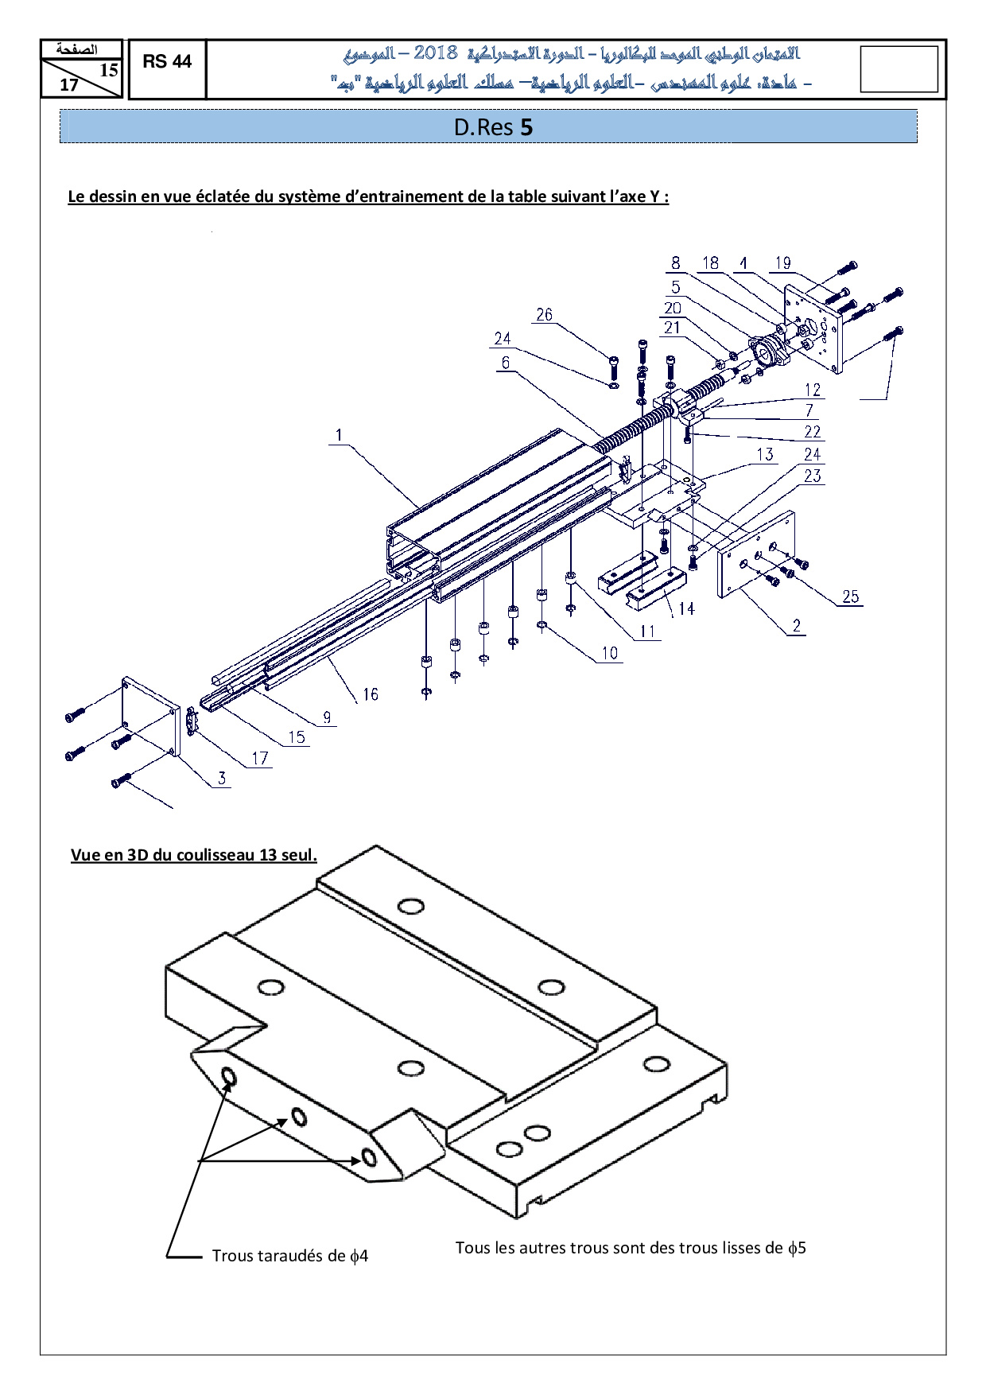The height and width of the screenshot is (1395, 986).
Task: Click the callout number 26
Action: pos(544,315)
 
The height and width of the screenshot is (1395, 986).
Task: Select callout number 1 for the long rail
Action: pos(339,435)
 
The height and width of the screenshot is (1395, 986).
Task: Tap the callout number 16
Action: pos(371,694)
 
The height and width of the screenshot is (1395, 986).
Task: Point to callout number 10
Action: pos(609,653)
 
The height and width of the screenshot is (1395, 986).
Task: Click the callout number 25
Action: pos(851,596)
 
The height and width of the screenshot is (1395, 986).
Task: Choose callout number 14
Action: pos(686,608)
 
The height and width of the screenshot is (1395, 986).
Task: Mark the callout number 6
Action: pos(505,363)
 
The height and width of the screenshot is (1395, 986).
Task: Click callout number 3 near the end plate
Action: pos(222,778)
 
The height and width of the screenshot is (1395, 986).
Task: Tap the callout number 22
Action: pos(812,432)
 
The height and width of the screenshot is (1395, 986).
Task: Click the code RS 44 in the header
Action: pos(167,61)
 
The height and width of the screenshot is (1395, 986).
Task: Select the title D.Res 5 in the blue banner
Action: pos(493,127)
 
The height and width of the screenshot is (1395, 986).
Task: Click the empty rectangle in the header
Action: pos(899,69)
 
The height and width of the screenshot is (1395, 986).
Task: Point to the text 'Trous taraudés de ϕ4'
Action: pos(290,1256)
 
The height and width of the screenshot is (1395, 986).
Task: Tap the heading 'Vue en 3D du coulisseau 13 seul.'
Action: pos(194,855)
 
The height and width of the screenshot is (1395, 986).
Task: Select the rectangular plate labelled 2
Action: pos(756,554)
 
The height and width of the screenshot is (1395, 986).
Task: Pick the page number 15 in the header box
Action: pos(108,70)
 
